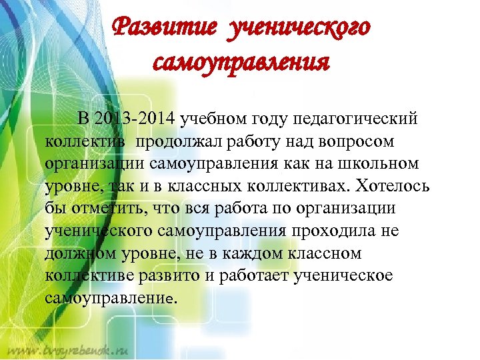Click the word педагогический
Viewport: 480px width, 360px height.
coord(360,119)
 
